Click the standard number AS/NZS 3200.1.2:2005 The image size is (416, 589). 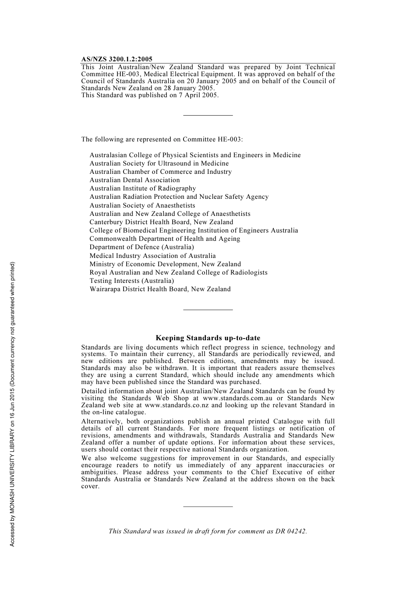click(x=116, y=59)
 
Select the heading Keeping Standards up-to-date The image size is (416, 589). click(x=208, y=338)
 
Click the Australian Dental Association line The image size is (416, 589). click(x=134, y=180)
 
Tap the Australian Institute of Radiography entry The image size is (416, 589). click(x=143, y=188)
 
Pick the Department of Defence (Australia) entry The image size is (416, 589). click(x=141, y=247)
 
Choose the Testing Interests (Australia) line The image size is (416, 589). click(x=131, y=281)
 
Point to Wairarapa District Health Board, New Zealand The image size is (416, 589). click(x=160, y=289)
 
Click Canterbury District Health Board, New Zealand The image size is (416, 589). click(x=161, y=222)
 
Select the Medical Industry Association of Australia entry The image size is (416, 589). click(x=152, y=256)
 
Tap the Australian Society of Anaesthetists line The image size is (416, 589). click(x=142, y=205)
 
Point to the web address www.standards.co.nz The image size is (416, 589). click(x=185, y=405)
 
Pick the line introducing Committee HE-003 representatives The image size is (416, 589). click(x=162, y=139)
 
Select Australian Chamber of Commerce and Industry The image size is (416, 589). click(x=160, y=172)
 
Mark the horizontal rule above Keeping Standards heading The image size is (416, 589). click(x=208, y=310)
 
